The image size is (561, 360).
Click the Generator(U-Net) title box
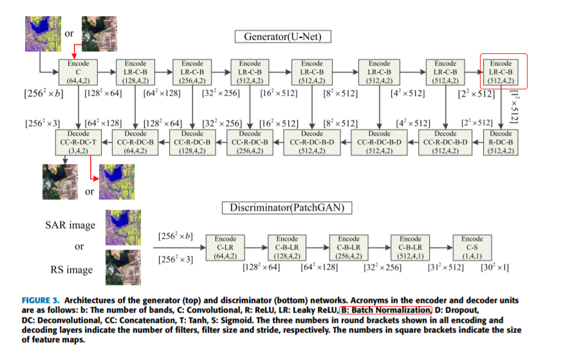point(282,37)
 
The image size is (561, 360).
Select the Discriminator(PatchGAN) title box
point(287,208)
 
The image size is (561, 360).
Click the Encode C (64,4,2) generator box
point(78,72)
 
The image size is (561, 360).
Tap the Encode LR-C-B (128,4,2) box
point(135,72)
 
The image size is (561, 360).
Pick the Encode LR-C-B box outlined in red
point(501,72)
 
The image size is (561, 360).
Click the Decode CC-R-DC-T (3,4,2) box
point(78,142)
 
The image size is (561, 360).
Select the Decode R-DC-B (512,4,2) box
point(501,142)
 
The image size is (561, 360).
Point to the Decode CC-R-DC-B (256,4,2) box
point(250,142)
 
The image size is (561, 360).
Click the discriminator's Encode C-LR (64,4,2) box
point(225,248)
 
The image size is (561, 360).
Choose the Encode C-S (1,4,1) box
point(472,248)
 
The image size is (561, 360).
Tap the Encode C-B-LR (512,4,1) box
point(410,248)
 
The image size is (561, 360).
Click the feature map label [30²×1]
point(495,267)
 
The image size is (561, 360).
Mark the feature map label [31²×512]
point(446,267)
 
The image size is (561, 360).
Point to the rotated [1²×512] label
point(514,107)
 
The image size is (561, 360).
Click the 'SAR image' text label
point(70,225)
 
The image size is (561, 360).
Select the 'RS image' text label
point(71,269)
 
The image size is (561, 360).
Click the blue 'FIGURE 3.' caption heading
point(41,300)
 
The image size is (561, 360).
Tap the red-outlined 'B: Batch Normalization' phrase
point(386,310)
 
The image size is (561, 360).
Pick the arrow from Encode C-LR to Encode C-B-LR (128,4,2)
point(256,248)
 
